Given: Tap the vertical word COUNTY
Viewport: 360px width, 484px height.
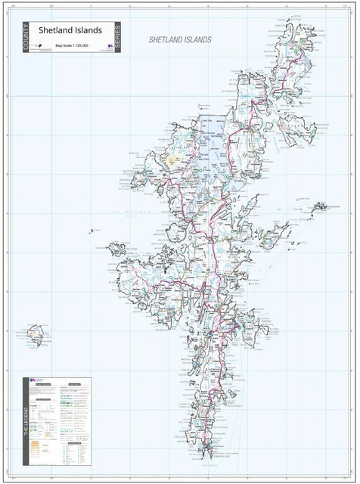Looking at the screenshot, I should pyautogui.click(x=26, y=38).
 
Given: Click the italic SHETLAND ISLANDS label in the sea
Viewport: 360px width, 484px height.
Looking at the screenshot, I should pyautogui.click(x=180, y=39).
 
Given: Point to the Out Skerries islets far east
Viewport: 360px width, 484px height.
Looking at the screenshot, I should pyautogui.click(x=317, y=206).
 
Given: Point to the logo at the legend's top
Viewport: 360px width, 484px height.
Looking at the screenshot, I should pyautogui.click(x=35, y=383).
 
